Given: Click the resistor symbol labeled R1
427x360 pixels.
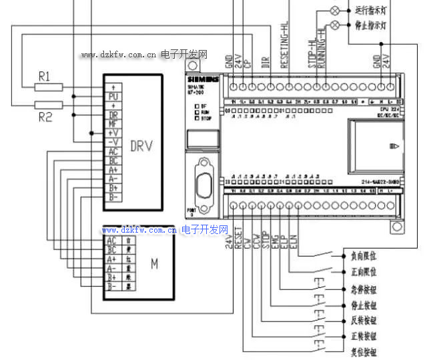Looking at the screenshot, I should (x=48, y=87).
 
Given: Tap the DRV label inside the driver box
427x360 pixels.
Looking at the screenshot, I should (x=141, y=146).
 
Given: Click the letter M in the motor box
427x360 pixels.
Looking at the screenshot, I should (x=154, y=263).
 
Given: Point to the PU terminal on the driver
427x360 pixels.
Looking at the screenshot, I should (x=113, y=97).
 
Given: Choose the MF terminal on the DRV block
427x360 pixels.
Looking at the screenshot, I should (x=113, y=124).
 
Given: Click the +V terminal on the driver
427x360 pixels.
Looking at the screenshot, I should (x=113, y=133).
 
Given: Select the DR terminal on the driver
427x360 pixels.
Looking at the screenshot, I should (x=113, y=115).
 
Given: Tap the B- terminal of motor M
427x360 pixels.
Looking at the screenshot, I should (x=111, y=286).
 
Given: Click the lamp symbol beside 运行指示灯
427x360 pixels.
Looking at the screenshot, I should (x=336, y=11).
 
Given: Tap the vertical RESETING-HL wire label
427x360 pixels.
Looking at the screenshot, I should (x=285, y=45).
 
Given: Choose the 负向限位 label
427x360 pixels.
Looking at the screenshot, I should (x=364, y=255).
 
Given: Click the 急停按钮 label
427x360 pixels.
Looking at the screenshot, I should (x=364, y=288).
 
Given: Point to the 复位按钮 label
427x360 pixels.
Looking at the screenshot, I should (x=364, y=352).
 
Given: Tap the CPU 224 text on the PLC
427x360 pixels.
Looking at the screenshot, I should (x=388, y=109).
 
